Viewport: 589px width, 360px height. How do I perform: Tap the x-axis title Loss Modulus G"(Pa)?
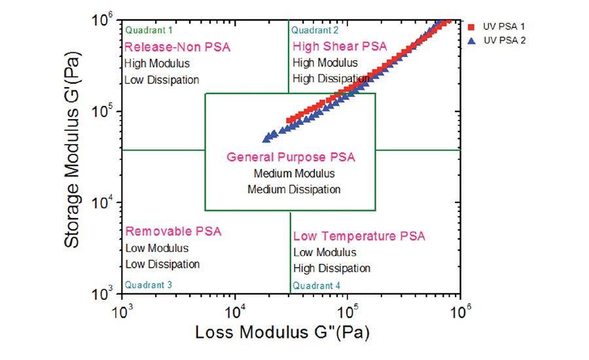[x=282, y=332]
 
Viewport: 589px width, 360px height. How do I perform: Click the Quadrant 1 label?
[x=149, y=30]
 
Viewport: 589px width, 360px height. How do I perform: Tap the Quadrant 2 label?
[x=315, y=30]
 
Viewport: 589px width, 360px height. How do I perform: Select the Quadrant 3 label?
[x=149, y=285]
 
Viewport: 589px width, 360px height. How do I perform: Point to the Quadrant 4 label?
[x=317, y=285]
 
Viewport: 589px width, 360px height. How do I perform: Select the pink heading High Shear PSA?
[x=340, y=46]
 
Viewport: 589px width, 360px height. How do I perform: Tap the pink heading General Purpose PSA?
[x=291, y=158]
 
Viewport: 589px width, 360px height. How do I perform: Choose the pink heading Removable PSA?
[x=173, y=232]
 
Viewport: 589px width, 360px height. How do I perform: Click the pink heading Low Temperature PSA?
[x=359, y=236]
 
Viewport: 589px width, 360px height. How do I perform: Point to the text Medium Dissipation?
[x=294, y=189]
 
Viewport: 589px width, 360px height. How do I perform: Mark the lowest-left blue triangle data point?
[x=266, y=139]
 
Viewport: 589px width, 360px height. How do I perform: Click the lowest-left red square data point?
[x=290, y=120]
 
